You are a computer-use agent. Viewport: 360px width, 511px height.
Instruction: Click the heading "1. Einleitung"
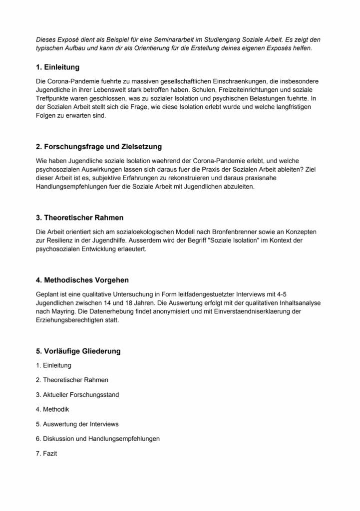click(58, 67)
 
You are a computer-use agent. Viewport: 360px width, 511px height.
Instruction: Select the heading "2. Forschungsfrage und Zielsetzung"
click(99, 147)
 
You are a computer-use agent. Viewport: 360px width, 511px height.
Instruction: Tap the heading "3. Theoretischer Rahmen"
click(79, 218)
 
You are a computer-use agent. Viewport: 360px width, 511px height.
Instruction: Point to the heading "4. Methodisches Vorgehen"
click(82, 280)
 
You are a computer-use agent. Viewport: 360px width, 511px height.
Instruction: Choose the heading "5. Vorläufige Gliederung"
click(78, 351)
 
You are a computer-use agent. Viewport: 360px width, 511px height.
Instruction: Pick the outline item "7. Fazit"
click(46, 454)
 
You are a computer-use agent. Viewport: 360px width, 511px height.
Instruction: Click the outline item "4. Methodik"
click(52, 410)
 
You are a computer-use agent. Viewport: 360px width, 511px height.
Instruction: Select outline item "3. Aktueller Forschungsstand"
click(77, 395)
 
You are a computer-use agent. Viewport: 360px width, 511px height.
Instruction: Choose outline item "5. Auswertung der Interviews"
click(77, 424)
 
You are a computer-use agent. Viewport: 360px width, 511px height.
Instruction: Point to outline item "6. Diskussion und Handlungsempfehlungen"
click(98, 439)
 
